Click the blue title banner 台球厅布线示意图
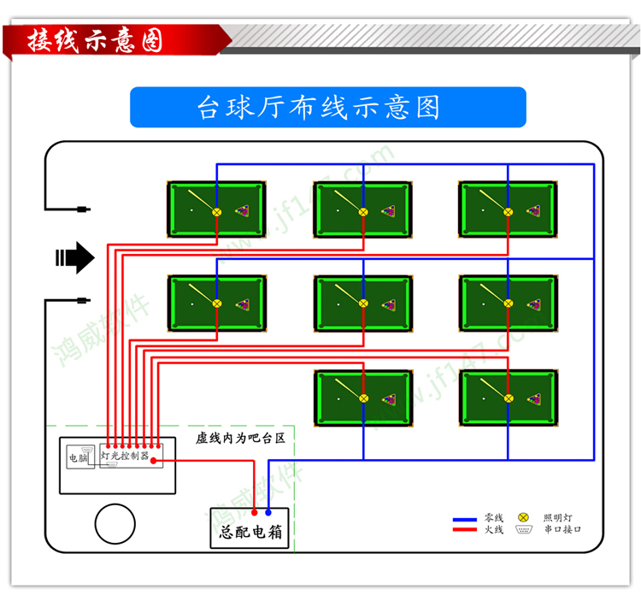click(327, 107)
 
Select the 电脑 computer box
click(78, 457)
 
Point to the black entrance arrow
click(75, 257)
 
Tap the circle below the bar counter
click(115, 523)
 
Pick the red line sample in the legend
click(464, 530)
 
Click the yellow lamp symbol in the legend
click(524, 518)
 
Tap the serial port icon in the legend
click(524, 530)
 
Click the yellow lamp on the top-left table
click(217, 211)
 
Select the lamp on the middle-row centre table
click(363, 303)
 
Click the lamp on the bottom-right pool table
click(509, 398)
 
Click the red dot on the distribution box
click(254, 512)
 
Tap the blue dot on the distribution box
click(268, 512)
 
